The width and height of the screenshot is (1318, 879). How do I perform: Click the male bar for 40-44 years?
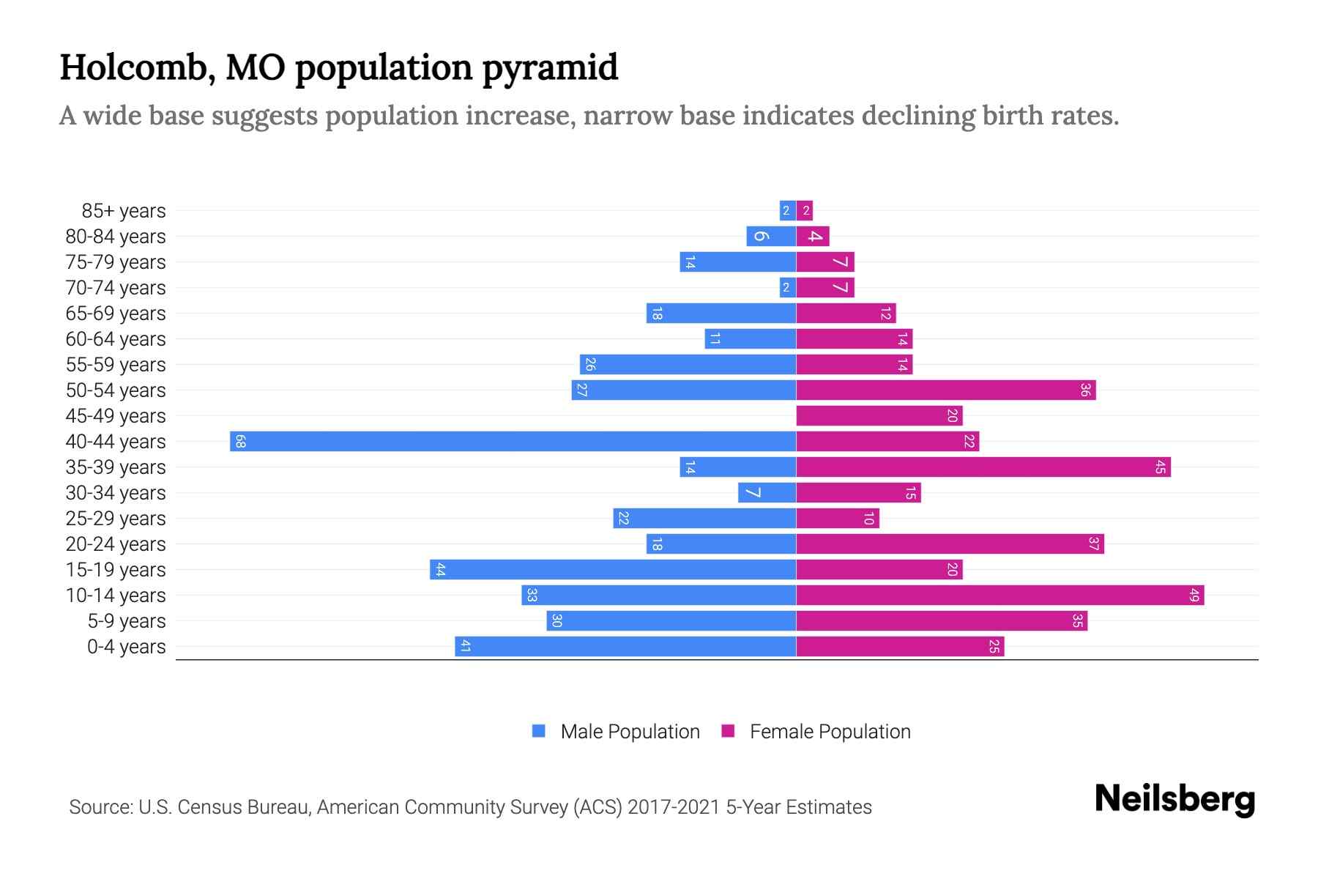coord(513,441)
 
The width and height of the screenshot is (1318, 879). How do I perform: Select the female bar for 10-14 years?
coord(999,595)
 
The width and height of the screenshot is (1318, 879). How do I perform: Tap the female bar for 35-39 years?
coord(983,467)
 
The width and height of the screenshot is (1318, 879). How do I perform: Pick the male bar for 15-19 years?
coord(613,569)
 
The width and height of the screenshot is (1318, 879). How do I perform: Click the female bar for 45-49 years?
coord(879,415)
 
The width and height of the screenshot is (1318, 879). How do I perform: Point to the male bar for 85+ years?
coord(787,210)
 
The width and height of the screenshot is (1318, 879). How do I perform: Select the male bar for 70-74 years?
coord(787,287)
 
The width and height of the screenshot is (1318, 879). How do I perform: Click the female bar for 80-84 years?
coord(813,236)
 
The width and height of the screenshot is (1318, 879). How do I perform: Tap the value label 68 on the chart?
coord(240,441)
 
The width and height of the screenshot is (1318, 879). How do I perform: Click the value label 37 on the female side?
coord(1093,544)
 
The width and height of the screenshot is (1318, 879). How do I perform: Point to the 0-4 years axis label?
coord(126,647)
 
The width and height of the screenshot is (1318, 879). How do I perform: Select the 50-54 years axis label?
coord(116,390)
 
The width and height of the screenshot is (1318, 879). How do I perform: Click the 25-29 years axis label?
coord(116,519)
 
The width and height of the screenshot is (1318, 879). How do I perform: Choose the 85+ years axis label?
coord(123,211)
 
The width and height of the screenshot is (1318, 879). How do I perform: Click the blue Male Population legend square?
coord(539,731)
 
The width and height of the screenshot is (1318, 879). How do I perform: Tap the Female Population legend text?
coord(830,731)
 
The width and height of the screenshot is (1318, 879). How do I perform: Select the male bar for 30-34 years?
coord(767,492)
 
